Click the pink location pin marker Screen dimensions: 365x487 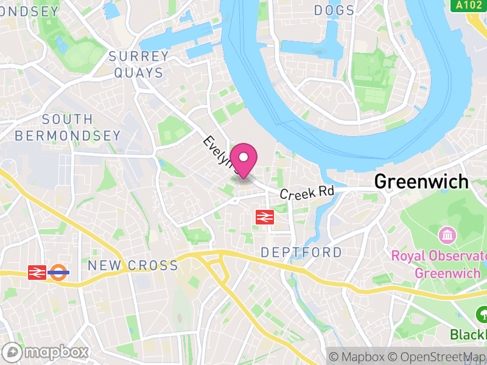tap(244, 159)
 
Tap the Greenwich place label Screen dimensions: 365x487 tap(421, 181)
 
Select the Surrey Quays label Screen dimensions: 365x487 tap(138, 64)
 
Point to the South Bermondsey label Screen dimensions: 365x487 tap(68, 127)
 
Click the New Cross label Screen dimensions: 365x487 tap(133, 265)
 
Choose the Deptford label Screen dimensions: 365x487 tap(301, 252)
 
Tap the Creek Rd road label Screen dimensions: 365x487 tap(307, 192)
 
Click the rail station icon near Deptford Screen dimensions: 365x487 tap(264, 217)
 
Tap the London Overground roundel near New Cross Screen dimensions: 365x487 tap(58, 272)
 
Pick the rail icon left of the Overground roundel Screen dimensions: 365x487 tap(36, 272)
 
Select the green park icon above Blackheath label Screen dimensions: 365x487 tap(482, 315)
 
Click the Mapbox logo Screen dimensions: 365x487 tap(46, 352)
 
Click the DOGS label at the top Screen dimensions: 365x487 tap(334, 10)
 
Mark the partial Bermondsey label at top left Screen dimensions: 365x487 tap(29, 12)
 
